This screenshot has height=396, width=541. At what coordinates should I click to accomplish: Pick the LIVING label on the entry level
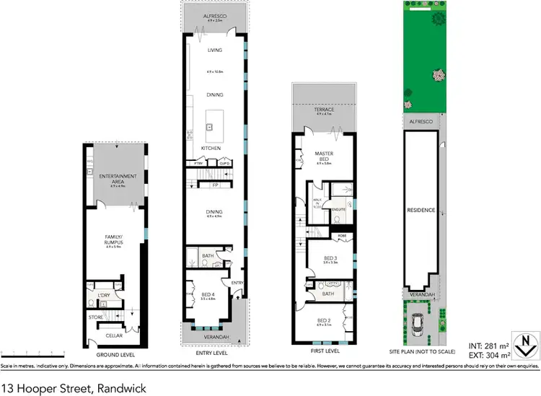coord(214,50)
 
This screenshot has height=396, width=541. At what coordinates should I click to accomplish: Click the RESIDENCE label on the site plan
coord(421,210)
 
